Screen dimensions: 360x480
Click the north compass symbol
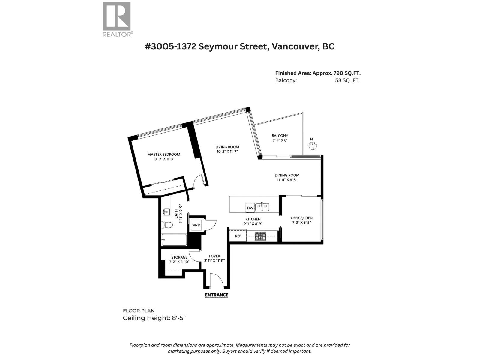click(313, 145)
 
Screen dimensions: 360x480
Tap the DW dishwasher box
click(250, 208)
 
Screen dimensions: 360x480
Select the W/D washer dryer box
click(196, 225)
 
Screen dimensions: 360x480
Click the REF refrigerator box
click(238, 236)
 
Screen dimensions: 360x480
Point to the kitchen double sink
click(262, 207)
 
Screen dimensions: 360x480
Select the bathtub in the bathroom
click(174, 240)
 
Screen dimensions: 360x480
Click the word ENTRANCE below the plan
click(217, 295)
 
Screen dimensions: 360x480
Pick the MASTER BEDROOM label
click(163, 154)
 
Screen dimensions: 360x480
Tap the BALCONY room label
click(280, 136)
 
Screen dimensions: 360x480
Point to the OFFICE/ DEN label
click(301, 218)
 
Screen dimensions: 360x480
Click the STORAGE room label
click(179, 257)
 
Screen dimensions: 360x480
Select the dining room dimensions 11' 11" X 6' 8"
click(287, 180)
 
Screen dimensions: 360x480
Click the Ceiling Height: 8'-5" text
click(154, 318)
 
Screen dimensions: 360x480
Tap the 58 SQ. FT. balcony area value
click(347, 80)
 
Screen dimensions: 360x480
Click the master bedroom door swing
click(199, 181)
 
